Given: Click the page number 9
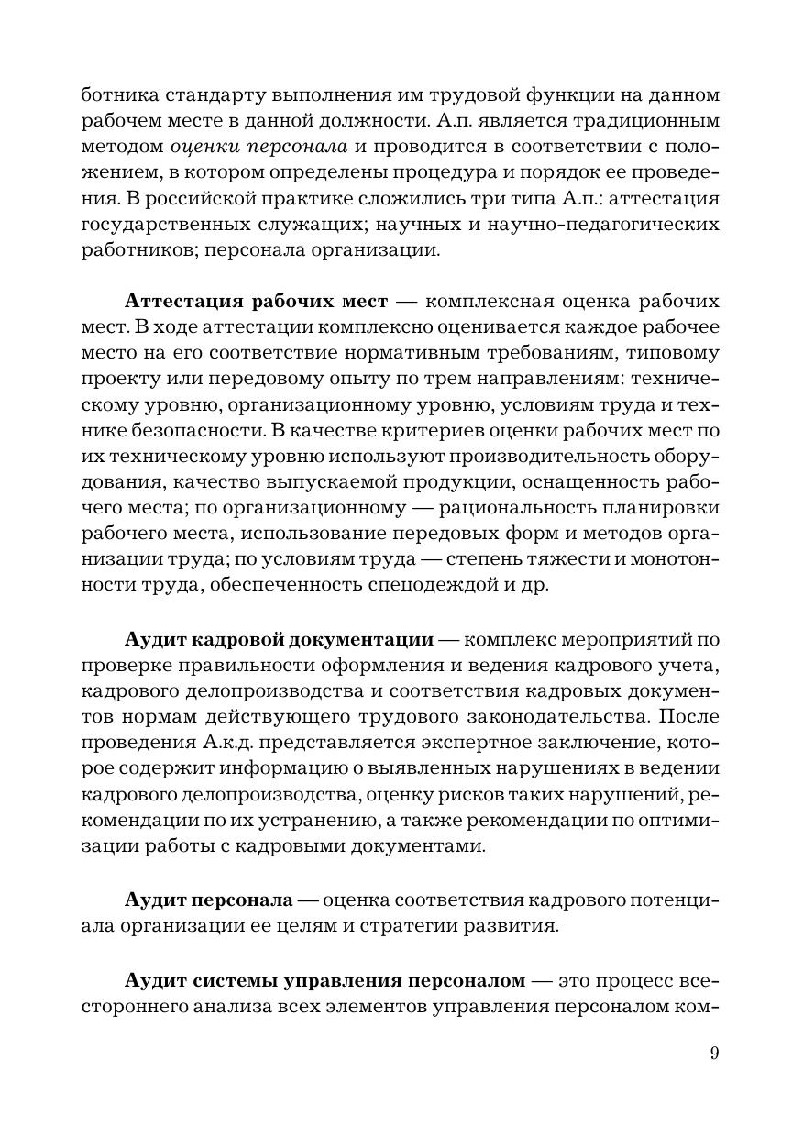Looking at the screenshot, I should coord(714,1053).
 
